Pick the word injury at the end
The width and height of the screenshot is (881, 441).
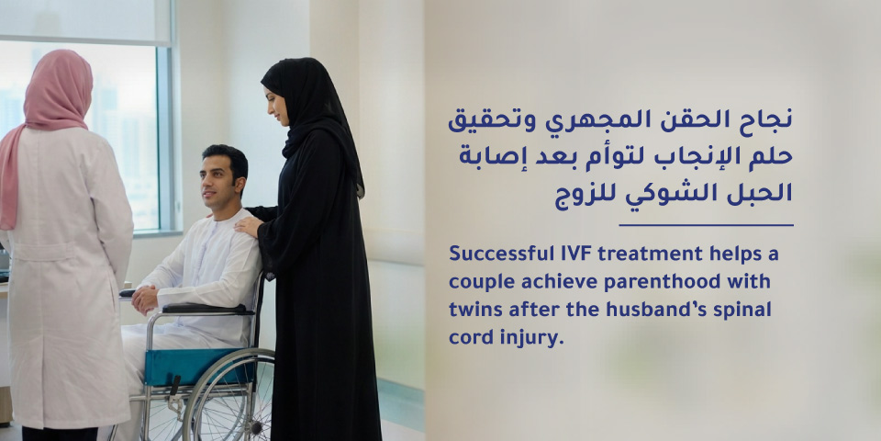534,338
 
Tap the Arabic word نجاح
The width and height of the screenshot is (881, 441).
766,119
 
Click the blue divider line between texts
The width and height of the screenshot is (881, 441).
706,225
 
